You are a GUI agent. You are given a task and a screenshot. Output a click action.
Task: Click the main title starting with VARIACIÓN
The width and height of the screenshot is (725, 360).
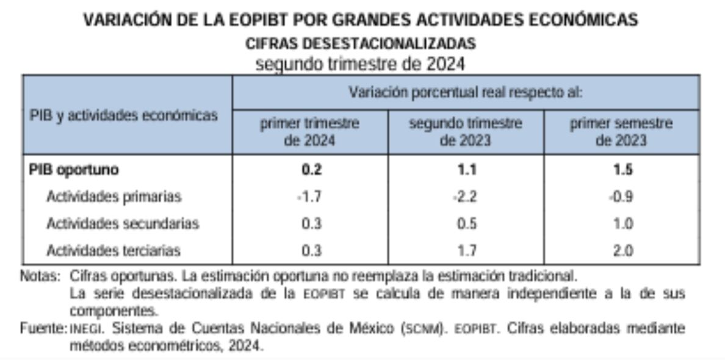[361, 20]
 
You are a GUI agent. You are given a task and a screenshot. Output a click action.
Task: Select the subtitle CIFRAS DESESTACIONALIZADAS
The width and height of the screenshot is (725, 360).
[361, 44]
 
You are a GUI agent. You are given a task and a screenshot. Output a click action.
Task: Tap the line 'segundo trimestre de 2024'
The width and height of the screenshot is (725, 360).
[361, 63]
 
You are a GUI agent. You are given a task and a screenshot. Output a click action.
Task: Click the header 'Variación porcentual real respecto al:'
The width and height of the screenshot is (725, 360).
[466, 93]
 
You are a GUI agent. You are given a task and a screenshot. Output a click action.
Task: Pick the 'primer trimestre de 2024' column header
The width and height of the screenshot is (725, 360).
[310, 132]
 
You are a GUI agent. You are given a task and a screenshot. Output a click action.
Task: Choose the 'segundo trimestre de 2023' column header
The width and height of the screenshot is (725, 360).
[466, 132]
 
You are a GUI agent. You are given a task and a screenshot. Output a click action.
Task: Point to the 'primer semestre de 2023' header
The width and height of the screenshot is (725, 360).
[621, 132]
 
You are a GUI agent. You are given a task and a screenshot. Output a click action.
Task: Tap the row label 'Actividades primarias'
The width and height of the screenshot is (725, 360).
[114, 197]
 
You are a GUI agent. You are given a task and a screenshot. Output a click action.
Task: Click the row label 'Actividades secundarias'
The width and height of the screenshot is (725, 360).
[123, 224]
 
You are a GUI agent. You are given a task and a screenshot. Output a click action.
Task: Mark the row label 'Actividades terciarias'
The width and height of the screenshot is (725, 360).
[114, 250]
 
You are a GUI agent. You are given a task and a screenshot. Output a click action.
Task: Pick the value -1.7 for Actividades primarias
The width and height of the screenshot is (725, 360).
[309, 197]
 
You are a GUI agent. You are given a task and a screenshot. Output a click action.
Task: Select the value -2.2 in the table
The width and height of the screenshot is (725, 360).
[466, 197]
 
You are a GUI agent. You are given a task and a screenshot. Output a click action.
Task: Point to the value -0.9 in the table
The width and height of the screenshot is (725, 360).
[621, 197]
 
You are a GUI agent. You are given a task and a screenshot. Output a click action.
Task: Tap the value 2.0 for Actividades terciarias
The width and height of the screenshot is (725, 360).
[622, 250]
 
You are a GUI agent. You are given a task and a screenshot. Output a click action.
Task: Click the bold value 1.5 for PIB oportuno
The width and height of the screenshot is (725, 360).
[622, 170]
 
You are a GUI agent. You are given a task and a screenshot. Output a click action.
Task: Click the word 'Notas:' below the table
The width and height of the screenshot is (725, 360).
[41, 275]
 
